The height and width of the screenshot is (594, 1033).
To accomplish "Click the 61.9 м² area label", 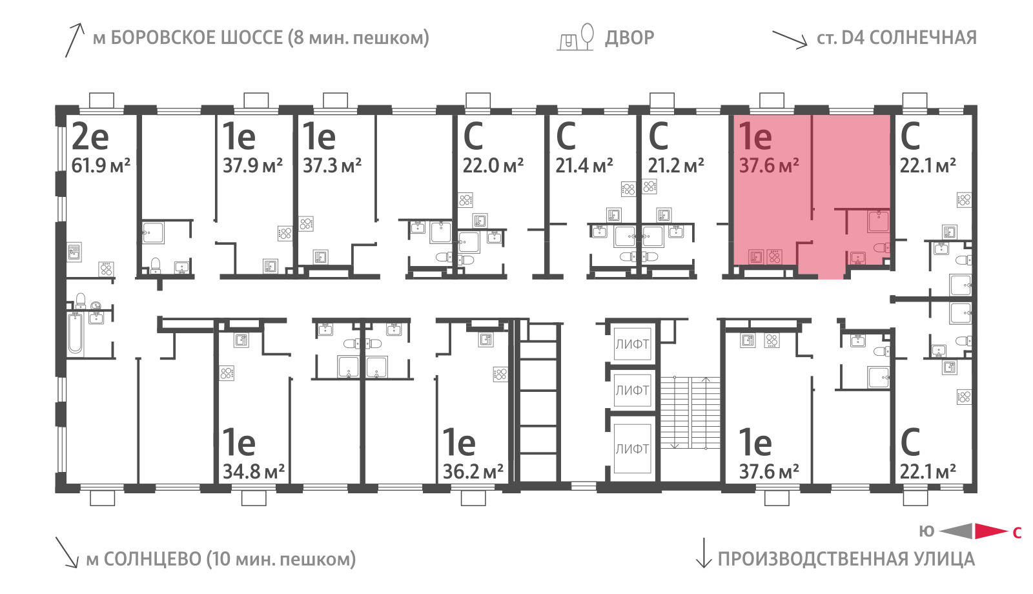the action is (x=101, y=165).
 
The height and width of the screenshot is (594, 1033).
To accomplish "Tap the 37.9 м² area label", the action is (x=252, y=165).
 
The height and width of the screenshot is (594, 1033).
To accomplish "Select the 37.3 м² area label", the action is (x=332, y=165).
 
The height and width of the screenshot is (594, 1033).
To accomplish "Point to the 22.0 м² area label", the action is (x=493, y=165).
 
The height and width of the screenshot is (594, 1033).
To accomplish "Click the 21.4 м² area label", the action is (x=584, y=165).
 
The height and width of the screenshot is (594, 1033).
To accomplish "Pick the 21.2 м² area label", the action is (x=676, y=165).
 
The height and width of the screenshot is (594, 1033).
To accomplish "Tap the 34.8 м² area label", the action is (x=253, y=471).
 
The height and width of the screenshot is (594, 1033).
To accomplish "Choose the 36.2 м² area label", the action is (x=473, y=471).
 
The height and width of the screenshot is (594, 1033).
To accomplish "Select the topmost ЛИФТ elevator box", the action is (x=632, y=344).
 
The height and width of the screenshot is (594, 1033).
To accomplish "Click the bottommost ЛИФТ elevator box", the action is (x=632, y=448).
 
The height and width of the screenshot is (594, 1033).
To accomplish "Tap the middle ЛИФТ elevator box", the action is (x=632, y=390).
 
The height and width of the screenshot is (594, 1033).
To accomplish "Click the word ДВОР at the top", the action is (x=629, y=38).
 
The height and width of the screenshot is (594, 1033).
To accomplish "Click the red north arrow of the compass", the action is (x=992, y=531).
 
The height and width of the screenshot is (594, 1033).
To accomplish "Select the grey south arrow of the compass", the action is (x=956, y=531).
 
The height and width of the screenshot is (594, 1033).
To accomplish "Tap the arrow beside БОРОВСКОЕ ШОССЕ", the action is (x=74, y=41).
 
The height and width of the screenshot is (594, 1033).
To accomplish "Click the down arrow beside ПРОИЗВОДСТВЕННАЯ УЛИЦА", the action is (x=704, y=553).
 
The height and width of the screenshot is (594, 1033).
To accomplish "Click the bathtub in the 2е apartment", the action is (x=75, y=333).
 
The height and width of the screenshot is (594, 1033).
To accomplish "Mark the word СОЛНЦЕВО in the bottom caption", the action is (x=152, y=559).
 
